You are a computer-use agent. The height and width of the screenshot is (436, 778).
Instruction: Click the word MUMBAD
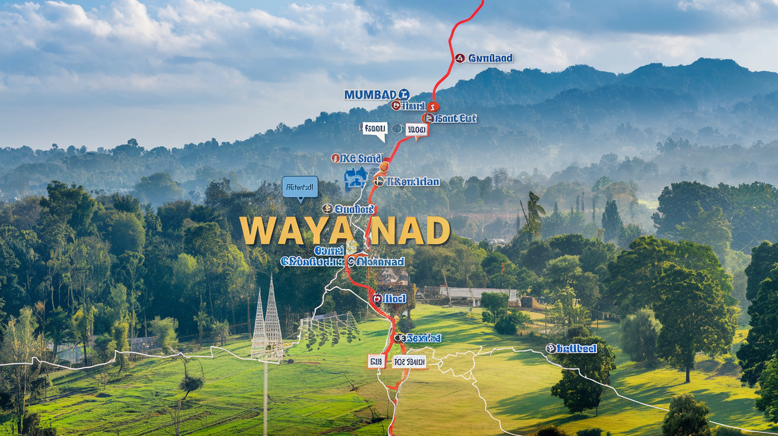coord(371,95)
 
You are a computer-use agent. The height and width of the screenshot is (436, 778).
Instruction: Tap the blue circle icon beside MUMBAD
coord(404,94)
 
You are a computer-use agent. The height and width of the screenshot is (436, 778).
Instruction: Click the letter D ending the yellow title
coord(438,231)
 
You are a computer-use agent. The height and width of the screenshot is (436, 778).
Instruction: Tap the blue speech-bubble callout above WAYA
coord(300,187)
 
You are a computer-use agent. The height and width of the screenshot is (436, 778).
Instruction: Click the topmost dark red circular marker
coord(460,58)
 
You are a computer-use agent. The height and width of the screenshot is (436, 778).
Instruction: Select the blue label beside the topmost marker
coord(490,58)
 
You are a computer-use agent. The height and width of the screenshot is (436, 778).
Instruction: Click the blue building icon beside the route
coord(355,178)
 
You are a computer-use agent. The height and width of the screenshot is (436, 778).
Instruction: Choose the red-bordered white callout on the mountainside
coord(416,129)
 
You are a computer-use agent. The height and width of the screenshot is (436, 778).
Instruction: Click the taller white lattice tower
coord(273,320)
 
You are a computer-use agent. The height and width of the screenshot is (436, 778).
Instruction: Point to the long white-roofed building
coord(478,294)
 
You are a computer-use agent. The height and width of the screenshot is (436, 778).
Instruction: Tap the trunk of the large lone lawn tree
coord(687,370)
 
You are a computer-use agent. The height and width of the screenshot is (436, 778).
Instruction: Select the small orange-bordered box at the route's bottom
coord(376,361)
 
